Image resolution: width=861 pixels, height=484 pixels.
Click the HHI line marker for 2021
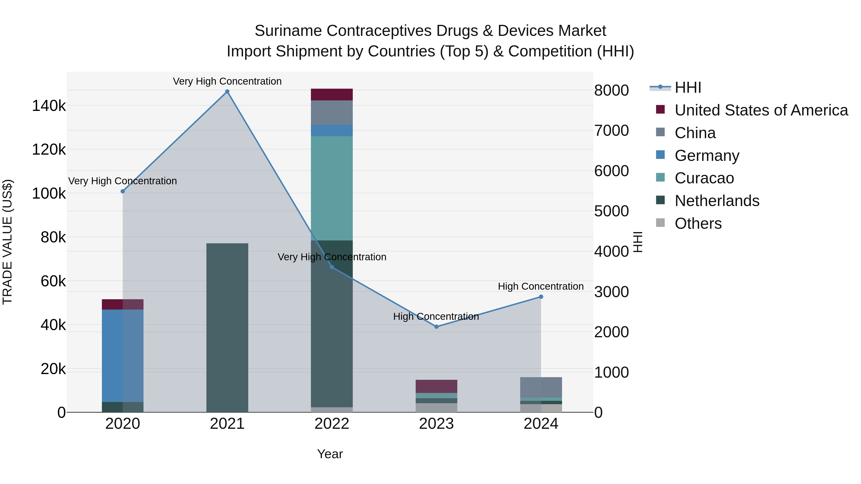tap(227, 92)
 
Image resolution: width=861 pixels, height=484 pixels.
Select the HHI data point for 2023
tap(436, 327)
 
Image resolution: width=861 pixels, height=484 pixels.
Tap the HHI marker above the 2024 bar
tap(541, 297)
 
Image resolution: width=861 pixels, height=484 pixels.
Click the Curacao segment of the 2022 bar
tap(331, 188)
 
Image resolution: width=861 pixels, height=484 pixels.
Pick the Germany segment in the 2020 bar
tap(122, 355)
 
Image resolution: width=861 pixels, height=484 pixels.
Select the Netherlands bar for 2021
tap(227, 327)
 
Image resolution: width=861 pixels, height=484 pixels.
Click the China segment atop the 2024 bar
tap(541, 387)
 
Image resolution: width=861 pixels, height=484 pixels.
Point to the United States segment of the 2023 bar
tap(436, 386)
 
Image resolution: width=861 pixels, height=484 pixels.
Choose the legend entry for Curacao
tap(704, 178)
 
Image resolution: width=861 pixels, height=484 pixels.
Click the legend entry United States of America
tap(761, 110)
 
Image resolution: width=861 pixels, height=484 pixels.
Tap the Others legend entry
tap(698, 223)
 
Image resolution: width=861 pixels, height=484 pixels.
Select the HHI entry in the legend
tap(688, 87)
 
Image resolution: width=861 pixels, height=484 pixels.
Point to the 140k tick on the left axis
tap(49, 106)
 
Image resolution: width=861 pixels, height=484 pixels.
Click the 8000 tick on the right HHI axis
tap(611, 91)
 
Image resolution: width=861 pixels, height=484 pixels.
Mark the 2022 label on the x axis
tap(331, 424)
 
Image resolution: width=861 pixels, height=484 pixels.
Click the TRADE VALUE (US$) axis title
tap(7, 242)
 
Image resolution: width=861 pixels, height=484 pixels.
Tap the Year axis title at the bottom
tap(330, 454)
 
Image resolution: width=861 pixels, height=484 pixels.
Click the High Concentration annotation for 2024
tap(541, 286)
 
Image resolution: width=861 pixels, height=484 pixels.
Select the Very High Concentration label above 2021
tap(227, 81)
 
